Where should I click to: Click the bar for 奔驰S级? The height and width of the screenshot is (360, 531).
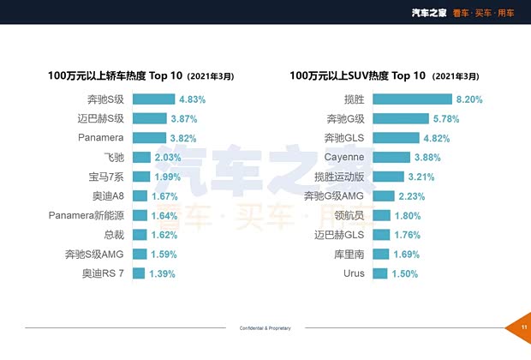click(153, 99)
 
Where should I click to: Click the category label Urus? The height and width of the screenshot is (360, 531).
click(353, 273)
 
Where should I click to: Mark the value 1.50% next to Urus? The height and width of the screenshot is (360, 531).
click(405, 273)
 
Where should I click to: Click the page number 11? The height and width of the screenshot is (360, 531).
click(522, 327)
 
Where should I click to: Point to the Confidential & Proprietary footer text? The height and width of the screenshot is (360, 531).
click(265, 328)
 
